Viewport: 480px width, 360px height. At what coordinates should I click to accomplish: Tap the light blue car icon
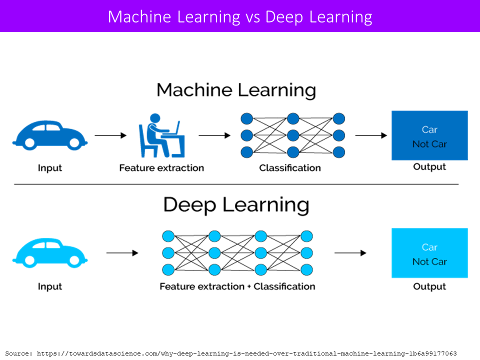50,253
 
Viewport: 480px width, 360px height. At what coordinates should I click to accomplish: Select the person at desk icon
161,135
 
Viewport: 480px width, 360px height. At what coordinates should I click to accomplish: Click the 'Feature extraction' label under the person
161,168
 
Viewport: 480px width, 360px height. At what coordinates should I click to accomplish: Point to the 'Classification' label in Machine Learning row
290,168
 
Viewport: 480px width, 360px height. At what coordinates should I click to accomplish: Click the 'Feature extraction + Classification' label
237,286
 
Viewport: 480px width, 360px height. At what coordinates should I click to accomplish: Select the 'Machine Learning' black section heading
236,90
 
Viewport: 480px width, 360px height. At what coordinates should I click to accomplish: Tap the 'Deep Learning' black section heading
236,205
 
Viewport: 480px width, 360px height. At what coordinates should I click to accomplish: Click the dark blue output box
429,135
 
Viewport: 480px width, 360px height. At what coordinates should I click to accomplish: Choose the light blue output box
429,253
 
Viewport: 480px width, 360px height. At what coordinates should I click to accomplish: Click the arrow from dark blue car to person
110,135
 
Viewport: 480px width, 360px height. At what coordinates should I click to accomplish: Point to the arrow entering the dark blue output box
371,135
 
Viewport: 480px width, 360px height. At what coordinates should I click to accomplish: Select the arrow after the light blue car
122,253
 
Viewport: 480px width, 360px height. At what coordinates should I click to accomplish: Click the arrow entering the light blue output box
350,253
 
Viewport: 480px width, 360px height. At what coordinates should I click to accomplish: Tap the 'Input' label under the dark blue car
50,168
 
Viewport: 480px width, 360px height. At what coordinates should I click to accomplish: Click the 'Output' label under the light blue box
429,286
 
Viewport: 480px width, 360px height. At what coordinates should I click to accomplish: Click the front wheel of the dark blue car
74,142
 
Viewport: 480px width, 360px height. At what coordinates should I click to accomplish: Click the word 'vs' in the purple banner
252,17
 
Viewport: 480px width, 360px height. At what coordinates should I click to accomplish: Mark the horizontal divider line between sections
236,184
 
